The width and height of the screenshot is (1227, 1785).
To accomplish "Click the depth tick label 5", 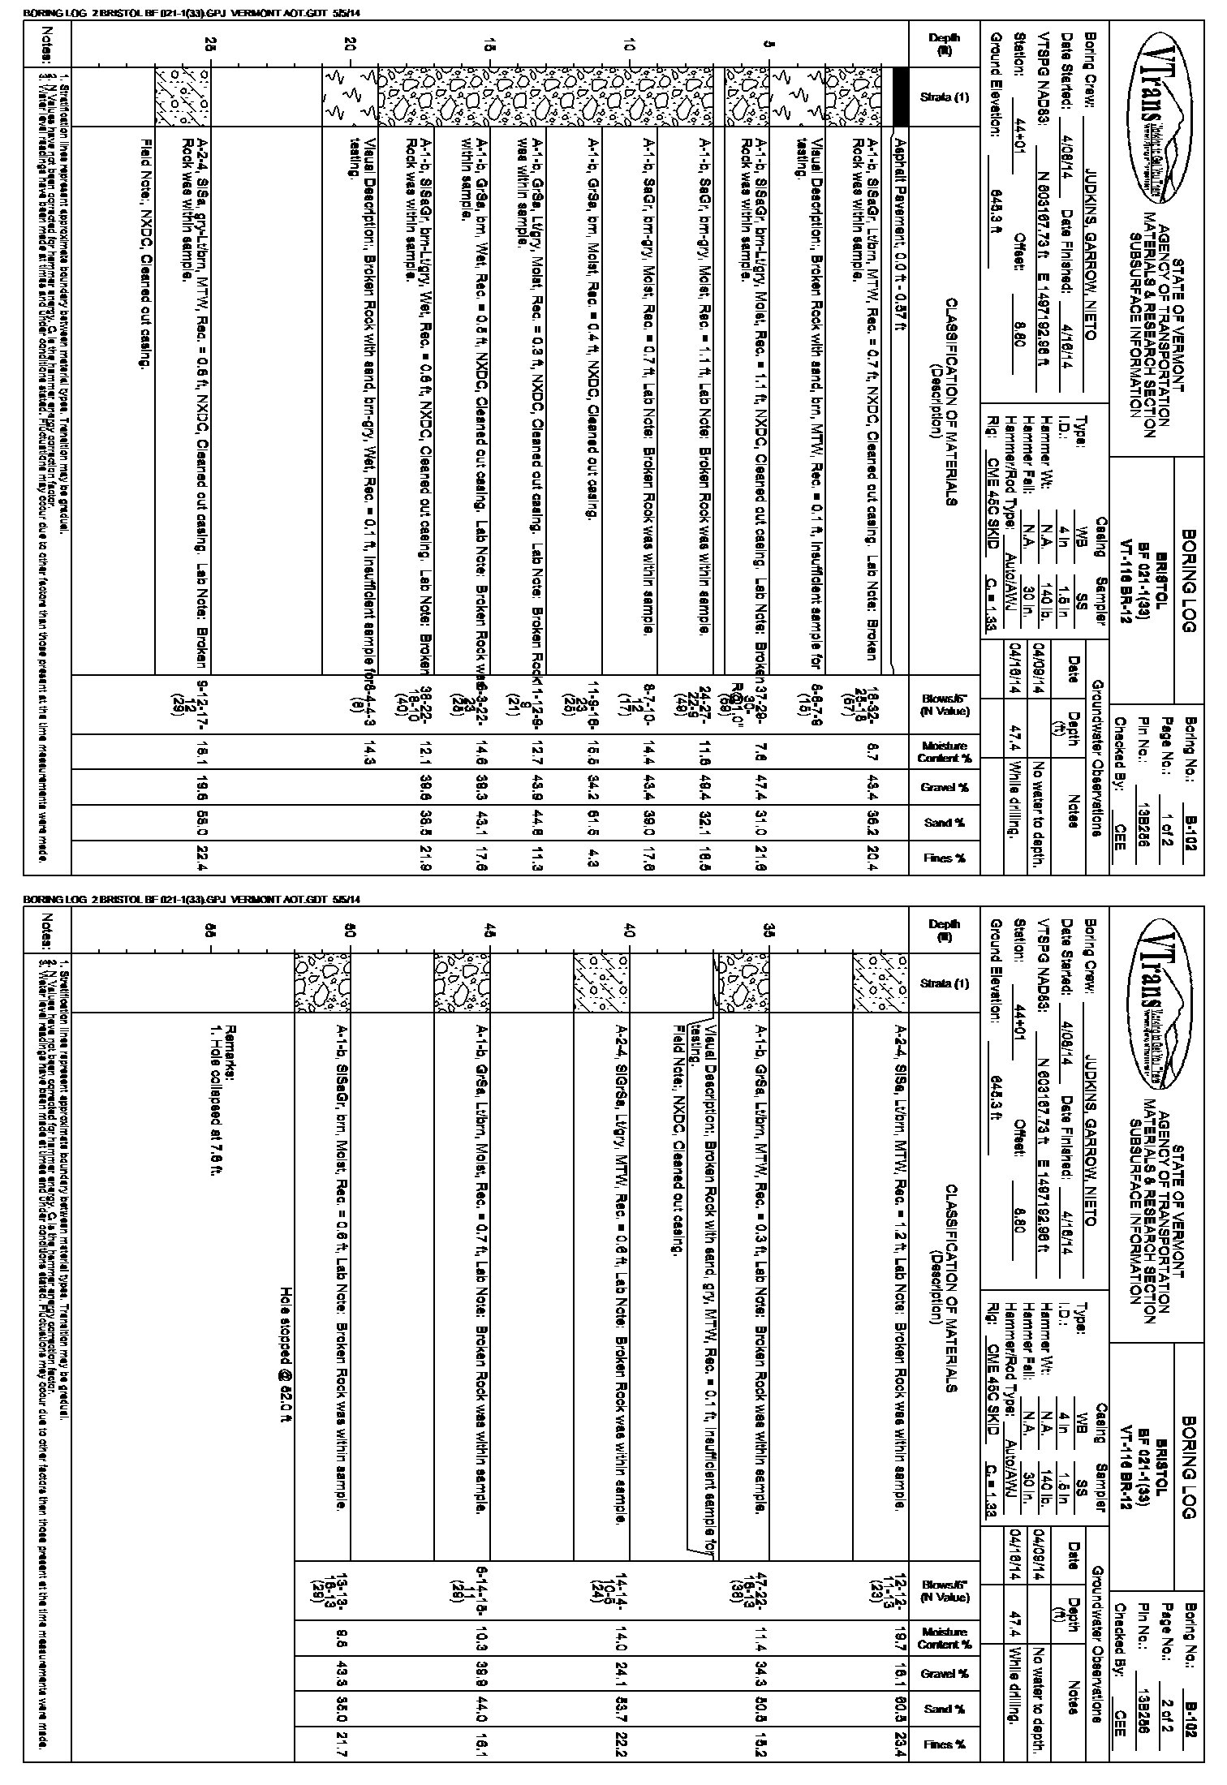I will pyautogui.click(x=767, y=46).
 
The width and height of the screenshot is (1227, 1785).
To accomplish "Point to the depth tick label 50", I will pyautogui.click(x=349, y=932).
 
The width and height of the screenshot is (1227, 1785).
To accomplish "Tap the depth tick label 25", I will pyautogui.click(x=210, y=46).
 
